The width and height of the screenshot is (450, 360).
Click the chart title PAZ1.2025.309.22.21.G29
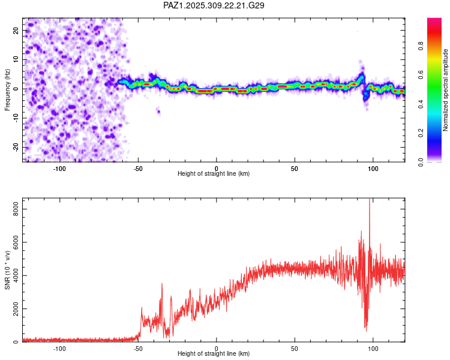tap(214, 5)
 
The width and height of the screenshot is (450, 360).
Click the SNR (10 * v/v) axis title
tap(7, 271)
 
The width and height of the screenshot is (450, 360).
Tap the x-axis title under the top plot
tap(214, 173)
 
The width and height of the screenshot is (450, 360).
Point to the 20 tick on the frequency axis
tap(16, 30)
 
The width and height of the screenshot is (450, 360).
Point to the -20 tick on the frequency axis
tap(15, 147)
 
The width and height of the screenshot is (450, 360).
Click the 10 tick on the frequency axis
tap(16, 59)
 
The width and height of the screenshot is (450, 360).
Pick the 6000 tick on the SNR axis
tap(12, 242)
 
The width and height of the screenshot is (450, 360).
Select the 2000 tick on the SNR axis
tap(12, 309)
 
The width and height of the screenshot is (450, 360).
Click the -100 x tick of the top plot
tap(59, 168)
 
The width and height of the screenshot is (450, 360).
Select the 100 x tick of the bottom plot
tap(373, 349)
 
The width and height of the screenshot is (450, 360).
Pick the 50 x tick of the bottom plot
tap(295, 349)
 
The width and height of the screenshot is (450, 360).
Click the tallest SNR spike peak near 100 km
tap(370, 200)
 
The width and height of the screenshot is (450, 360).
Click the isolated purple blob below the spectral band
tap(158, 110)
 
